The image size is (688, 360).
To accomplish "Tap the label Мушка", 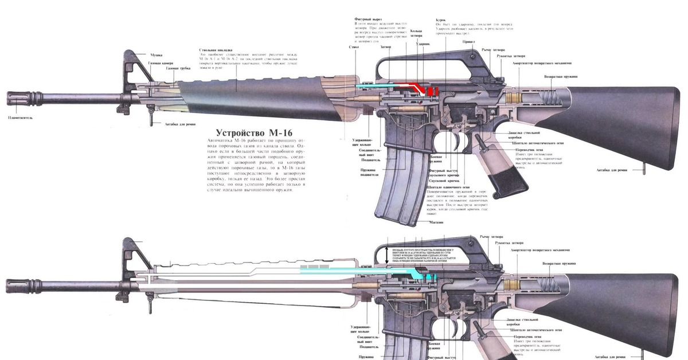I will [157, 55].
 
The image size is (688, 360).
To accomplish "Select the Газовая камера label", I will [161, 62].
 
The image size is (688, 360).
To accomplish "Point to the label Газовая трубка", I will [178, 68].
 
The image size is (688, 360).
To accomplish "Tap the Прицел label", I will [468, 41].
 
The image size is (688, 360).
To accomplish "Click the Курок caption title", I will [441, 19].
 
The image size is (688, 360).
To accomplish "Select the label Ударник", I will [424, 43].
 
